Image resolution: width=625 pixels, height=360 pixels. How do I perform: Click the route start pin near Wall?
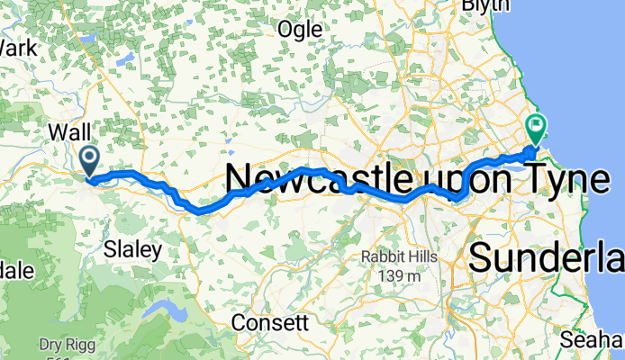(x=90, y=160)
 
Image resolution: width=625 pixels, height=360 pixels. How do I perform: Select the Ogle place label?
(x=300, y=29)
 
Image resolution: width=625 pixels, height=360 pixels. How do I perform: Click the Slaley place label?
(x=133, y=248)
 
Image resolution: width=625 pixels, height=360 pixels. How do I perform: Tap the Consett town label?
(x=270, y=321)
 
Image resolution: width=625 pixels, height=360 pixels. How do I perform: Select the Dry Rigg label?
(x=63, y=344)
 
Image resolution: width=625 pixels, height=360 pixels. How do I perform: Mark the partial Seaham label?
(x=591, y=340)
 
